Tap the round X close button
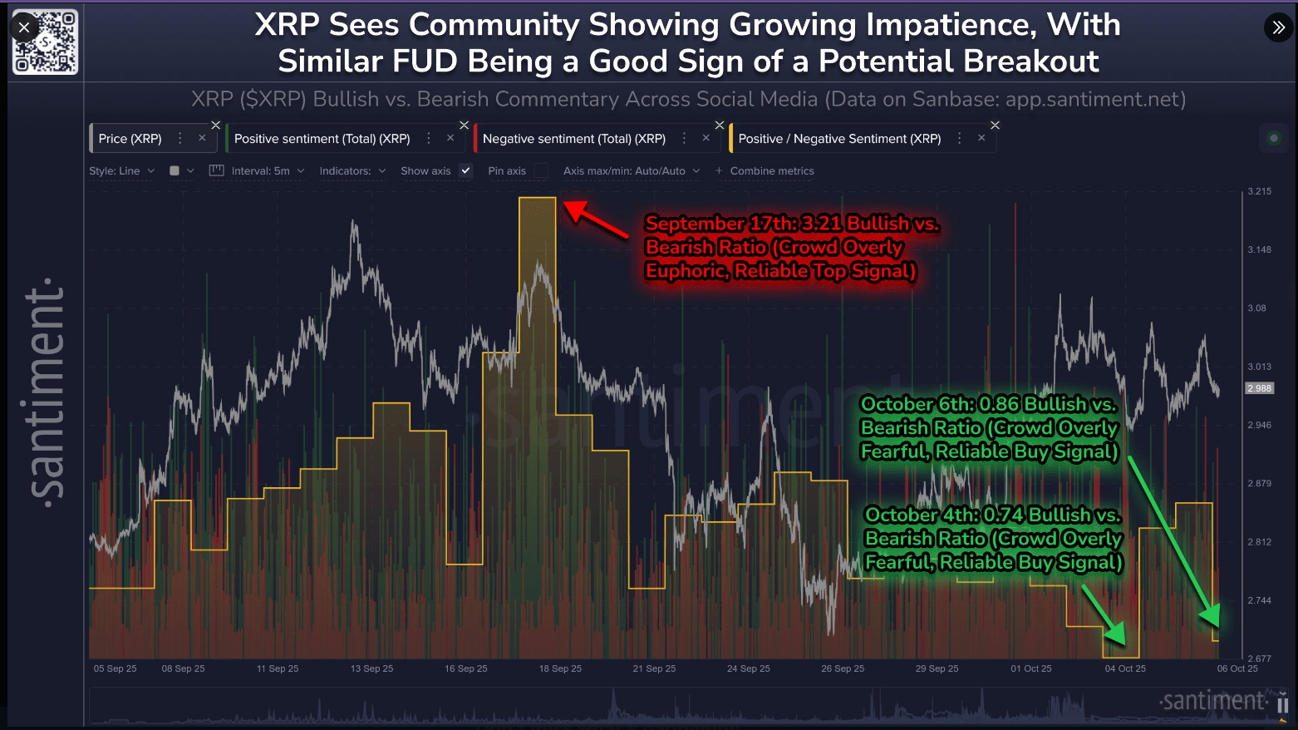(x=24, y=27)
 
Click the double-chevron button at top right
(x=1278, y=28)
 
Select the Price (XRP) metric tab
(x=130, y=139)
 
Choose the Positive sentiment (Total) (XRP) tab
(x=322, y=139)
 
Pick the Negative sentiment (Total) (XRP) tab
(x=573, y=139)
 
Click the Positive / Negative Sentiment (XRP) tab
(x=839, y=139)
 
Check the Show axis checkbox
(x=466, y=171)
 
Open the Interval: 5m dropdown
(x=260, y=171)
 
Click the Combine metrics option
(x=771, y=171)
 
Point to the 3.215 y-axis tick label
(x=1259, y=191)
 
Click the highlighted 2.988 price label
(x=1259, y=388)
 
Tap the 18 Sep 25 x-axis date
(x=560, y=668)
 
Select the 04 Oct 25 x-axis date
(x=1125, y=668)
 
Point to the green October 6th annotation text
(x=989, y=427)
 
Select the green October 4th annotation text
(x=993, y=538)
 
